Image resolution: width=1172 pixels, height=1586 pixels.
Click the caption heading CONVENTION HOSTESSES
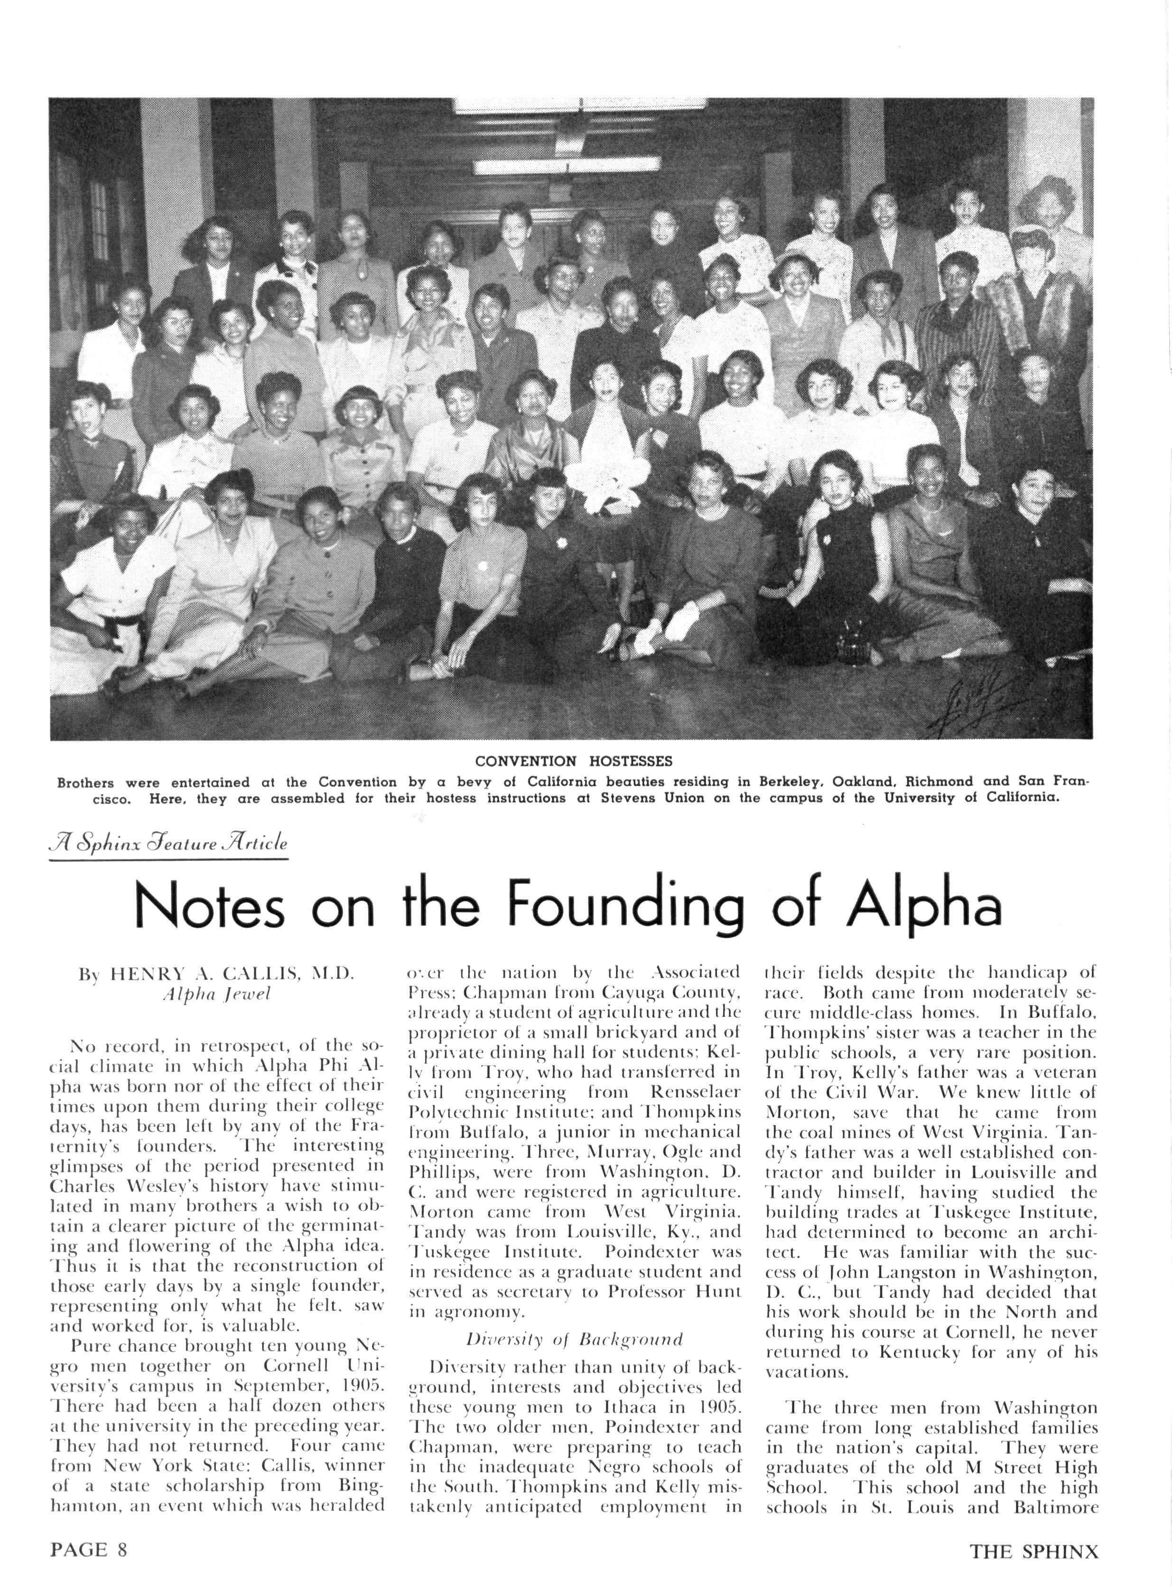(x=573, y=761)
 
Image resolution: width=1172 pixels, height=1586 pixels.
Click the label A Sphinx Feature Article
(x=169, y=844)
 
